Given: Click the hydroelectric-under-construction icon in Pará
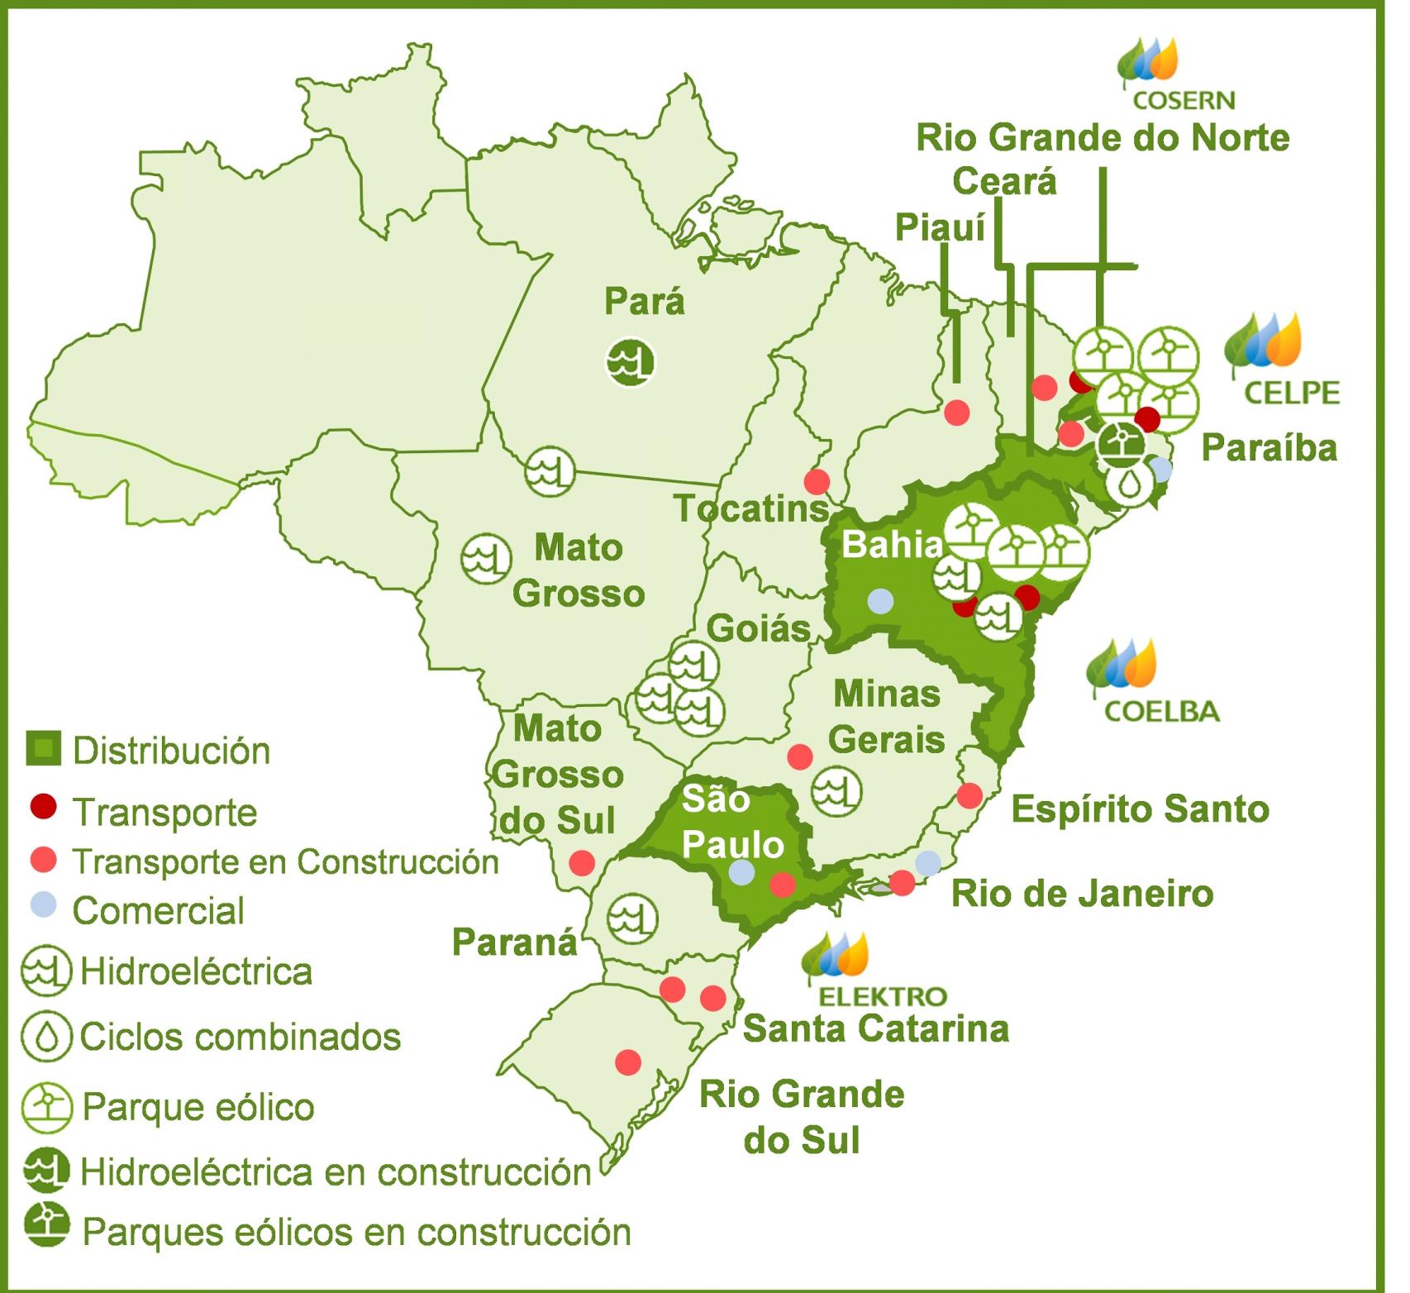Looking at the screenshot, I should point(630,361).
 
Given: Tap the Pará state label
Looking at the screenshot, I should point(644,302).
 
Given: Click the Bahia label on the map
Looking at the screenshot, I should point(891,545).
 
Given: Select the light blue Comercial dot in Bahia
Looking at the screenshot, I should point(880,601).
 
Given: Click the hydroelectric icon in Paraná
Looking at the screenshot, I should point(632,918).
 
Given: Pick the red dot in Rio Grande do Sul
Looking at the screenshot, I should point(628,1062).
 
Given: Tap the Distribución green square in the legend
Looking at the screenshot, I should point(43,748).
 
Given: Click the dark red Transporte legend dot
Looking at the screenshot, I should point(43,806).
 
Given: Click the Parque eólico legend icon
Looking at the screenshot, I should point(46,1107).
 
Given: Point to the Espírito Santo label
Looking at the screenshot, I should point(1140,809).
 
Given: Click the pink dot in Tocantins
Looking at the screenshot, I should point(817,481).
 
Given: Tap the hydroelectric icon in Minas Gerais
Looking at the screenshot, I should point(836,790).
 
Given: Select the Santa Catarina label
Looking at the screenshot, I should point(875,1029).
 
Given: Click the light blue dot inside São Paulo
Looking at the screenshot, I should point(741,872).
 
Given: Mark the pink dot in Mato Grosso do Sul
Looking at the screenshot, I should point(582,863).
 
